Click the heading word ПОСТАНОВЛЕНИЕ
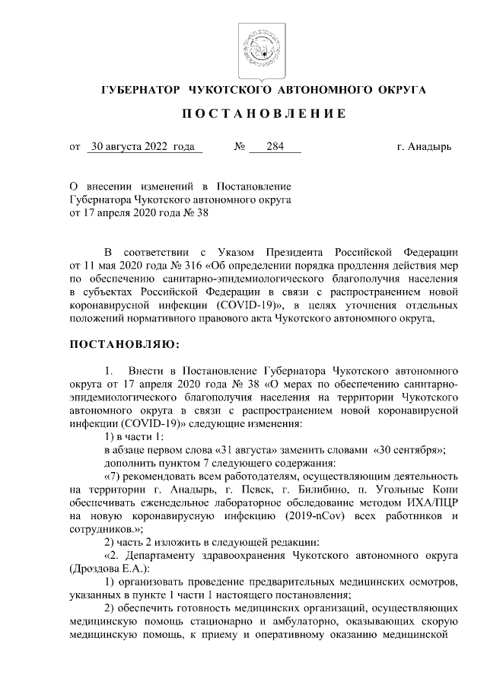click(264, 113)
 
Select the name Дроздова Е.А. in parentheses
click(110, 569)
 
